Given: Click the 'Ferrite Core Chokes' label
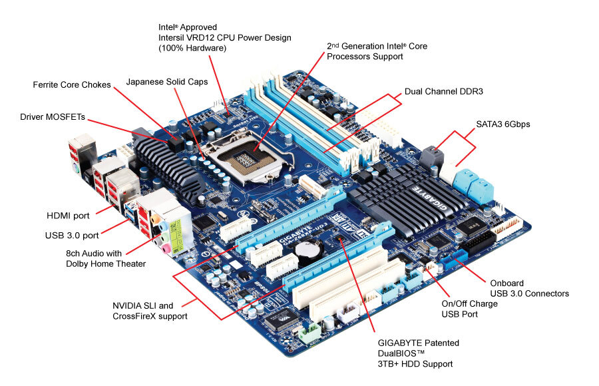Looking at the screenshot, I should pyautogui.click(x=72, y=85).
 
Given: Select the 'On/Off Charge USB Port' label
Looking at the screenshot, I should pyautogui.click(x=469, y=309).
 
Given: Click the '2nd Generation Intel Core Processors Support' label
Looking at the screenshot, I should pyautogui.click(x=377, y=51).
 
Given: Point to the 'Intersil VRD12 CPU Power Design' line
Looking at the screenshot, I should pyautogui.click(x=224, y=38).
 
